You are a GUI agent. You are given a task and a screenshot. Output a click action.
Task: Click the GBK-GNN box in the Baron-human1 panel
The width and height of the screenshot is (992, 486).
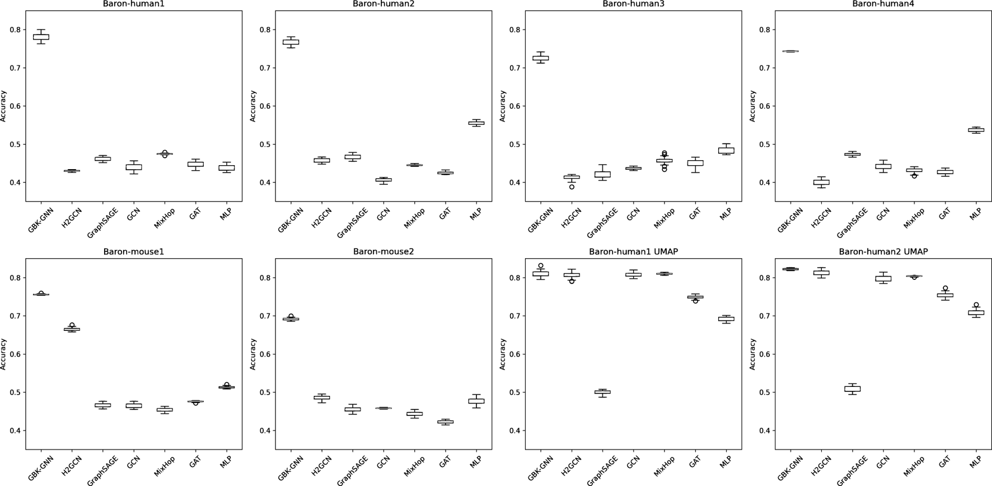coord(41,37)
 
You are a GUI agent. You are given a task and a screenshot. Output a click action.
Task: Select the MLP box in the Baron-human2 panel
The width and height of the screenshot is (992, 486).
coord(476,123)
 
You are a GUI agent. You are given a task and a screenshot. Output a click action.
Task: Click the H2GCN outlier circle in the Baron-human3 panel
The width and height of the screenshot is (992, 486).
coord(572,187)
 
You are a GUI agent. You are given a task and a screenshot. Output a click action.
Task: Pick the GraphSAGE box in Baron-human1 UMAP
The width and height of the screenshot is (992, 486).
coord(602,392)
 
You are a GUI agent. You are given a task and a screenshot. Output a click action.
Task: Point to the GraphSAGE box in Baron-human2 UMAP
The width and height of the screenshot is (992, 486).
coord(852,389)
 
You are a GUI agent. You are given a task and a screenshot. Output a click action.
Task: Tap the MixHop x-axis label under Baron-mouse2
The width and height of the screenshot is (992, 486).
coord(413,466)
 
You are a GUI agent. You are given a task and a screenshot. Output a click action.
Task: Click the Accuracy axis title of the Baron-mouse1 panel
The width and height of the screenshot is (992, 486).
coord(4,354)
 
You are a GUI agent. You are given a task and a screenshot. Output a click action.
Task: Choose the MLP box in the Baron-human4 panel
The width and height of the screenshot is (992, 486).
coord(976,130)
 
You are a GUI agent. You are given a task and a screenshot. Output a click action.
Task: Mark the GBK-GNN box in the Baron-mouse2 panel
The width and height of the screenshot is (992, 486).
coord(291,319)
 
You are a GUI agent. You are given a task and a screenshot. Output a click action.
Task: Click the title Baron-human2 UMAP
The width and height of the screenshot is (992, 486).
coord(883,252)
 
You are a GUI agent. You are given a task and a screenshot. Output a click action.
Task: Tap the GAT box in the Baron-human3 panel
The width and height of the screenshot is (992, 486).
coord(695,163)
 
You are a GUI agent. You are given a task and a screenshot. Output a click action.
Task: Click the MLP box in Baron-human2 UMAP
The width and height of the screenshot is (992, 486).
coord(976,312)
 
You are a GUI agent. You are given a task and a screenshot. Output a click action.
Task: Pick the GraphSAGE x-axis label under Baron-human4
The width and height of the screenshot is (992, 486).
coord(852,222)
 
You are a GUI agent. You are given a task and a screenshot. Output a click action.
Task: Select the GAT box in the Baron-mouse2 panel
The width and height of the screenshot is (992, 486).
coord(445,422)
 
